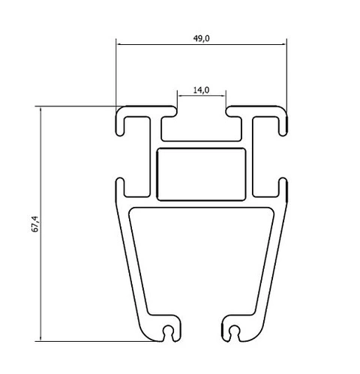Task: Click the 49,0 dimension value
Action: point(201,38)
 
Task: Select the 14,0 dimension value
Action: point(201,91)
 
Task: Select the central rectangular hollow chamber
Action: point(201,174)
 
